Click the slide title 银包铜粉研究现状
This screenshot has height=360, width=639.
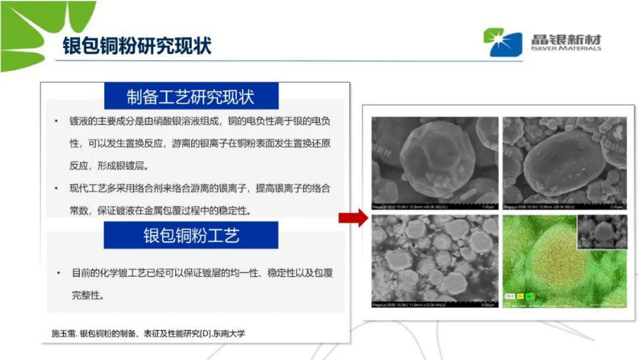pyautogui.click(x=137, y=46)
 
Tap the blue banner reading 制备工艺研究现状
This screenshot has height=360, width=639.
pyautogui.click(x=191, y=97)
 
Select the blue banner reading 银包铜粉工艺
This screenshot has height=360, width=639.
pyautogui.click(x=191, y=235)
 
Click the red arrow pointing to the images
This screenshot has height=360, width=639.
pyautogui.click(x=352, y=218)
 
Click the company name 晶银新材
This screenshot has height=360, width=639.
pyautogui.click(x=566, y=39)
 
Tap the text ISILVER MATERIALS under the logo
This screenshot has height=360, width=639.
pyautogui.click(x=566, y=48)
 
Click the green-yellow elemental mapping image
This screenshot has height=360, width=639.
pyautogui.click(x=542, y=269)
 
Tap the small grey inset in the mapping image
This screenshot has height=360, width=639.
pyautogui.click(x=602, y=232)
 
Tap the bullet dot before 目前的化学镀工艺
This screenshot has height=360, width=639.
pyautogui.click(x=59, y=273)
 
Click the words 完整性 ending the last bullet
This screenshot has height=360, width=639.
pyautogui.click(x=86, y=295)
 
